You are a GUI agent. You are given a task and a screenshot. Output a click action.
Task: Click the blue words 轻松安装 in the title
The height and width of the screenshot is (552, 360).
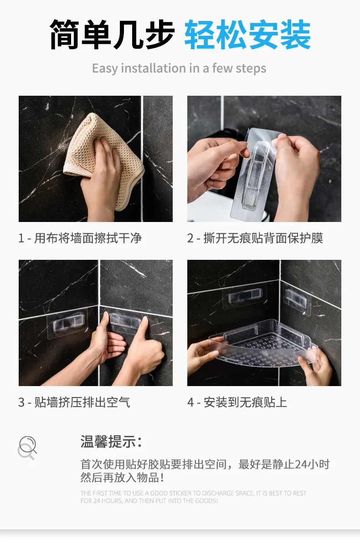click(x=247, y=35)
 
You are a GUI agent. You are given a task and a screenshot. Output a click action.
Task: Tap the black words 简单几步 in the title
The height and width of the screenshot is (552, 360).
click(x=113, y=35)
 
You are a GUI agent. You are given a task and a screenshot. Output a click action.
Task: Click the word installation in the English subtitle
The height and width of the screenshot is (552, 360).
click(x=154, y=68)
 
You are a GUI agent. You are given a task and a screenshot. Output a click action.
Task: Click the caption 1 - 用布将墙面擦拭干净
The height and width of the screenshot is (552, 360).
click(x=80, y=238)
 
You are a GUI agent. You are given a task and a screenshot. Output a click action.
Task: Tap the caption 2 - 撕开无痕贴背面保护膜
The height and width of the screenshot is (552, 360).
click(x=255, y=238)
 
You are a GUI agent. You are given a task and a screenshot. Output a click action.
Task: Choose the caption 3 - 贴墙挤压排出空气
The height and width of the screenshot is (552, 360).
click(x=74, y=402)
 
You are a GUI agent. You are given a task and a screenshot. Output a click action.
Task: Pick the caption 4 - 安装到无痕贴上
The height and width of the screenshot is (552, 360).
click(x=237, y=402)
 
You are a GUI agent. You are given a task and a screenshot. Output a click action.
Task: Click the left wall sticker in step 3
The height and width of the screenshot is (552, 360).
click(x=67, y=325)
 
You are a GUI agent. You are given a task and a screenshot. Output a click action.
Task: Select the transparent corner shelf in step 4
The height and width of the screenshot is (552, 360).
click(x=263, y=343)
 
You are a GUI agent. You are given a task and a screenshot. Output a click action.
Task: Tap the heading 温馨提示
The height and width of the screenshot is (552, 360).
click(x=111, y=441)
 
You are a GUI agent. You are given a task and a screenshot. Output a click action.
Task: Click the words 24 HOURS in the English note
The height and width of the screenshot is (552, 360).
click(x=108, y=501)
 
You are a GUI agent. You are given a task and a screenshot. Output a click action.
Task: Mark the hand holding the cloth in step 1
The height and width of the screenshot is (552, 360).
click(x=101, y=180)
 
